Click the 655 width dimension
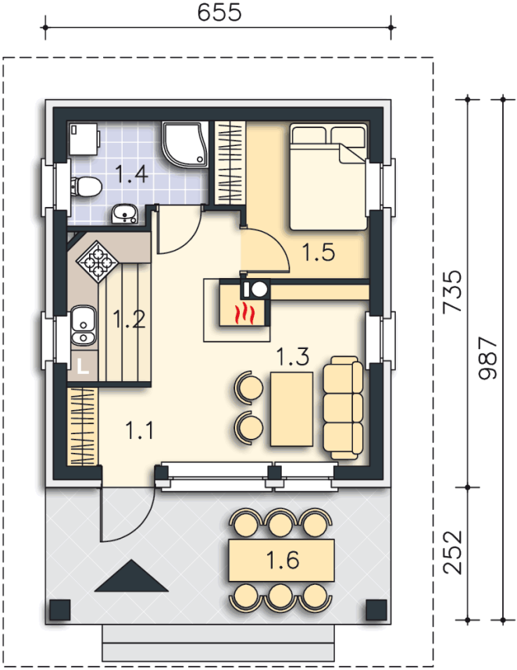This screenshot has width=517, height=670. (x=219, y=12)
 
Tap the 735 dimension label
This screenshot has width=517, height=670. (x=453, y=292)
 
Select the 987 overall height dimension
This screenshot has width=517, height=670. (x=488, y=358)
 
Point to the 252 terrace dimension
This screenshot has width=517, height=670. (x=453, y=552)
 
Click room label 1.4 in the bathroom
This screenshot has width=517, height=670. (x=132, y=174)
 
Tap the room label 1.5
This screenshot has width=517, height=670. (x=319, y=251)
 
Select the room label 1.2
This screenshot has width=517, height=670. (x=129, y=319)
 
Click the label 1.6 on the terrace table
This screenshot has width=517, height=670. (x=282, y=560)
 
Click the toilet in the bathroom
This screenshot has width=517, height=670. (x=86, y=187)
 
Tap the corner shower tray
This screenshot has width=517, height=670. (x=185, y=144)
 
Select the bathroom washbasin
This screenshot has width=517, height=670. (x=124, y=214)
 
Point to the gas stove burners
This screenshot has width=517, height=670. (x=98, y=262)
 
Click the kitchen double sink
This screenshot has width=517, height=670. (x=84, y=326)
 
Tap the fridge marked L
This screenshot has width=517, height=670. (x=83, y=366)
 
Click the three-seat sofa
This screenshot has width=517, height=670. (x=343, y=408)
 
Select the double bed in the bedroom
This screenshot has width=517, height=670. (x=329, y=176)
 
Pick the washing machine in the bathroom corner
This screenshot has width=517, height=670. (x=84, y=139)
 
